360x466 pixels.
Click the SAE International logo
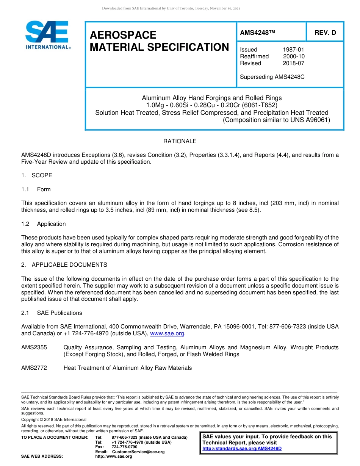pyautogui.click(x=47, y=35)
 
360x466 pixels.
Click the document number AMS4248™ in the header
pyautogui.click(x=257, y=33)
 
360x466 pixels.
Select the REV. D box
pyautogui.click(x=325, y=33)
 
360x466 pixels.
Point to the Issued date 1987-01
pyautogui.click(x=293, y=50)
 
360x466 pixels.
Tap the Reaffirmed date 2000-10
pyautogui.click(x=294, y=56)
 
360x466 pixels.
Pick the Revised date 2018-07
pyautogui.click(x=293, y=63)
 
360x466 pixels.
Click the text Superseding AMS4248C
pyautogui.click(x=272, y=77)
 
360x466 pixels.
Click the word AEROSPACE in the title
pyautogui.click(x=123, y=35)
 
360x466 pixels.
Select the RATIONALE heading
pyautogui.click(x=180, y=141)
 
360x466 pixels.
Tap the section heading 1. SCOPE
pyautogui.click(x=37, y=175)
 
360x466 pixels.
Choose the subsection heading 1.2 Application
pyautogui.click(x=44, y=224)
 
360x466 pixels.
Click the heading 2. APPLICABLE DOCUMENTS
pyautogui.click(x=64, y=265)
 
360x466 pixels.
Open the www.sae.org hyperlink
pyautogui.click(x=167, y=333)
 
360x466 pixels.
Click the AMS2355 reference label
pyautogui.click(x=34, y=347)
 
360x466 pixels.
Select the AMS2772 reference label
pyautogui.click(x=34, y=368)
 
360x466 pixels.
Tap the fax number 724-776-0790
pyautogui.click(x=124, y=447)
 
